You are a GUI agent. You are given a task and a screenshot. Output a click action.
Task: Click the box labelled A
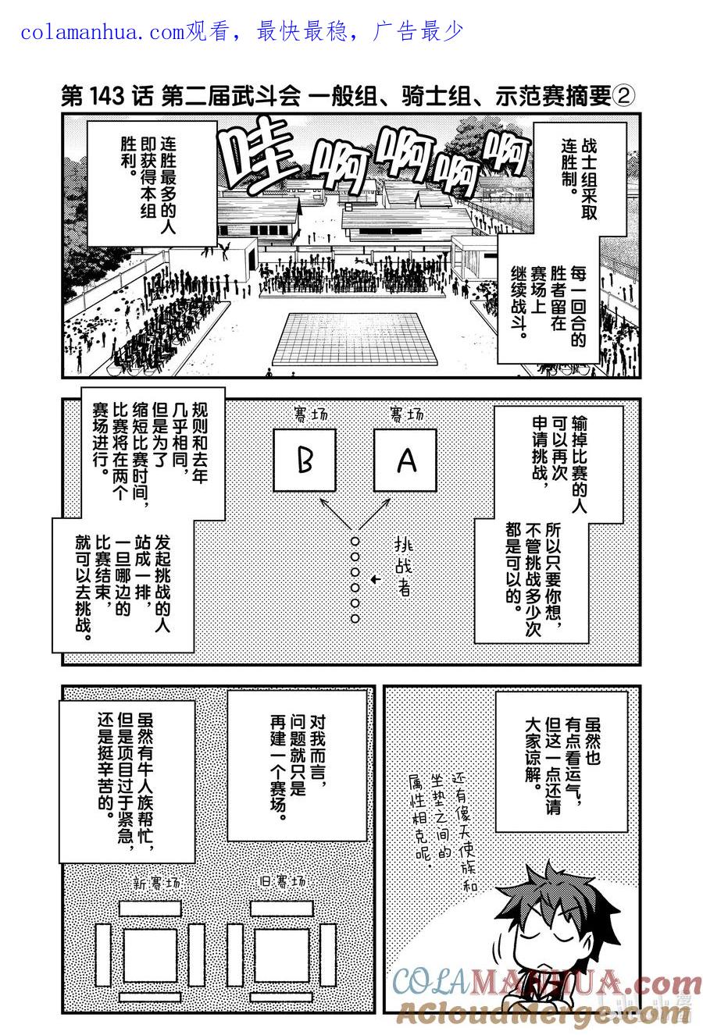click(405, 461)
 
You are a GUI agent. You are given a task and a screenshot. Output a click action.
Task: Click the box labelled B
click(305, 461)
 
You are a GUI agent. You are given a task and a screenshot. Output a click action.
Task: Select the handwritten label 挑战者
click(403, 567)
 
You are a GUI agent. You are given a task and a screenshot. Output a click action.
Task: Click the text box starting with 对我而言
click(298, 765)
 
